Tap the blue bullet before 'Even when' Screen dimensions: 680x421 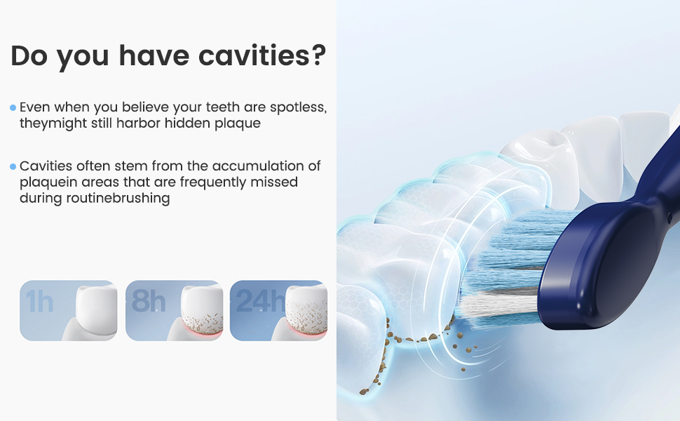(13, 107)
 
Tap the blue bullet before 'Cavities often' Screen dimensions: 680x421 (13, 166)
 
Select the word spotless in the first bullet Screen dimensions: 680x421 (298, 107)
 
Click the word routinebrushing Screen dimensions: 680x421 (118, 199)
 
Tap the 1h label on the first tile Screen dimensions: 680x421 (39, 301)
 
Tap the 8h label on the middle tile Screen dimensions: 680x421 (149, 300)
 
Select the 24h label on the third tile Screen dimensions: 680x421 (260, 300)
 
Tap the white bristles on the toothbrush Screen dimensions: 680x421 (498, 305)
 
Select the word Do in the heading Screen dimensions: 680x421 (29, 55)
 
